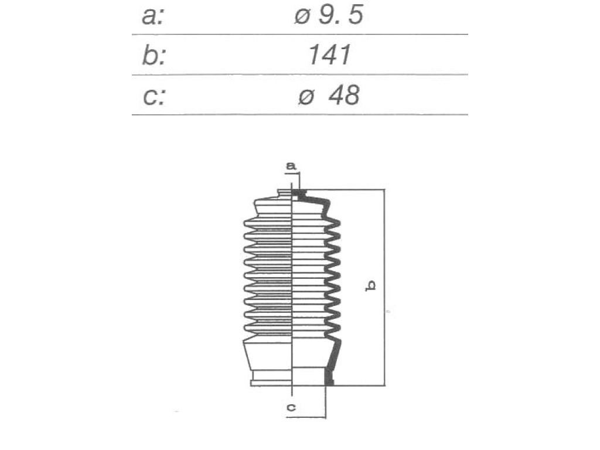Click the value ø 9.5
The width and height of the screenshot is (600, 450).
point(329,16)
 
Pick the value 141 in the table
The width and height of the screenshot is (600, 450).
point(329,55)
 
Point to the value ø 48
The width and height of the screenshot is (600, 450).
point(329,96)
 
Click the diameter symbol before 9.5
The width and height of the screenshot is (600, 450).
point(302,17)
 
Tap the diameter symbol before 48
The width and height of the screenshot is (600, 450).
point(306,97)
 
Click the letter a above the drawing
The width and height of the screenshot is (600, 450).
point(291,166)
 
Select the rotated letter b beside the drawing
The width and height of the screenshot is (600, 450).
point(371,286)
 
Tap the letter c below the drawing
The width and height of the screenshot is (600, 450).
point(291,408)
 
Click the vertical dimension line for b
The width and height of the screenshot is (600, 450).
point(384,287)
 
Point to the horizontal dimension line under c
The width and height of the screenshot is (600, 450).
point(306,417)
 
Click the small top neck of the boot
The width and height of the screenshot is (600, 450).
point(285,193)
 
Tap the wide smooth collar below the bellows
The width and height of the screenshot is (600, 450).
point(268,356)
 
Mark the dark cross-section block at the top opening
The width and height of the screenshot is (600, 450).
point(299,195)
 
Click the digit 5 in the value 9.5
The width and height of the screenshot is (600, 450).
point(356,16)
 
